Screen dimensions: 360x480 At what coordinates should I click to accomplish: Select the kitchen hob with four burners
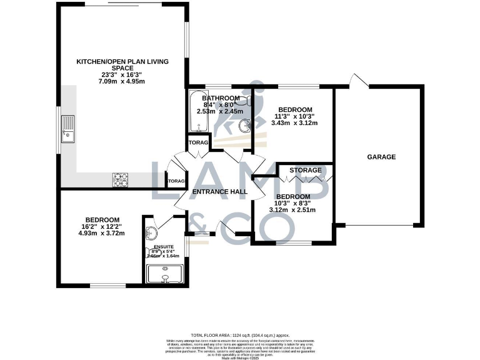[x=121, y=180]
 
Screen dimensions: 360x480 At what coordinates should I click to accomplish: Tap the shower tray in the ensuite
[x=164, y=274]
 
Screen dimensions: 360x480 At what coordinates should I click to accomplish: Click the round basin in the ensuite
[x=151, y=233]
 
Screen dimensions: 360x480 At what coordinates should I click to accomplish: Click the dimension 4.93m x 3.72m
[x=102, y=234]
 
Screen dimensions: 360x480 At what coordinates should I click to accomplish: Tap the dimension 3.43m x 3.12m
[x=294, y=123]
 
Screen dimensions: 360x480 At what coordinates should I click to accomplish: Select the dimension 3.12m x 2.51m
[x=292, y=210]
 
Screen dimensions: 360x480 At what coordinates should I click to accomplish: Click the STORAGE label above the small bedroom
[x=306, y=170]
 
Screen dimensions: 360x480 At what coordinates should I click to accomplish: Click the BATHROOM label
[x=221, y=99]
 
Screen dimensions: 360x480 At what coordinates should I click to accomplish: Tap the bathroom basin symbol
[x=244, y=125]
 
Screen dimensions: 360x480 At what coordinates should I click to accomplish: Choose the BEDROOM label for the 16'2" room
[x=102, y=219]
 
